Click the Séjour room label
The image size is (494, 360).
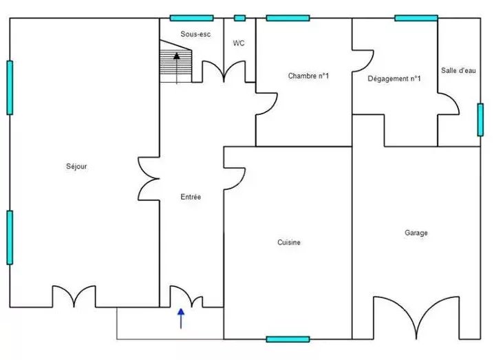[x=76, y=167]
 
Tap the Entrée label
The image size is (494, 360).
[x=191, y=197]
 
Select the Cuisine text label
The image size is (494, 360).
[x=289, y=242]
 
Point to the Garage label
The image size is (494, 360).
[x=416, y=233]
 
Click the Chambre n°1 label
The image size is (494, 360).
[x=308, y=76]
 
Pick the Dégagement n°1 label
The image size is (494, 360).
[x=394, y=78]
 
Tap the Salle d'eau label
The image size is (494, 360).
[x=458, y=71]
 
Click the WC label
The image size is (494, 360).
[x=239, y=43]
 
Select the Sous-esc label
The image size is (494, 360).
[x=195, y=34]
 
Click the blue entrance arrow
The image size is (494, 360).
[x=181, y=319]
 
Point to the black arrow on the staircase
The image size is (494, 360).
[x=177, y=68]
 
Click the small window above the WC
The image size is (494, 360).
[x=239, y=19]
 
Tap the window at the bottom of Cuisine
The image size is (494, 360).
[x=288, y=339]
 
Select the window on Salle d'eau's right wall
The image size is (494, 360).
[x=480, y=120]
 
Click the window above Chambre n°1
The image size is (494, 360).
[x=288, y=19]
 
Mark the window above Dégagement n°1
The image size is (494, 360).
[x=416, y=19]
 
